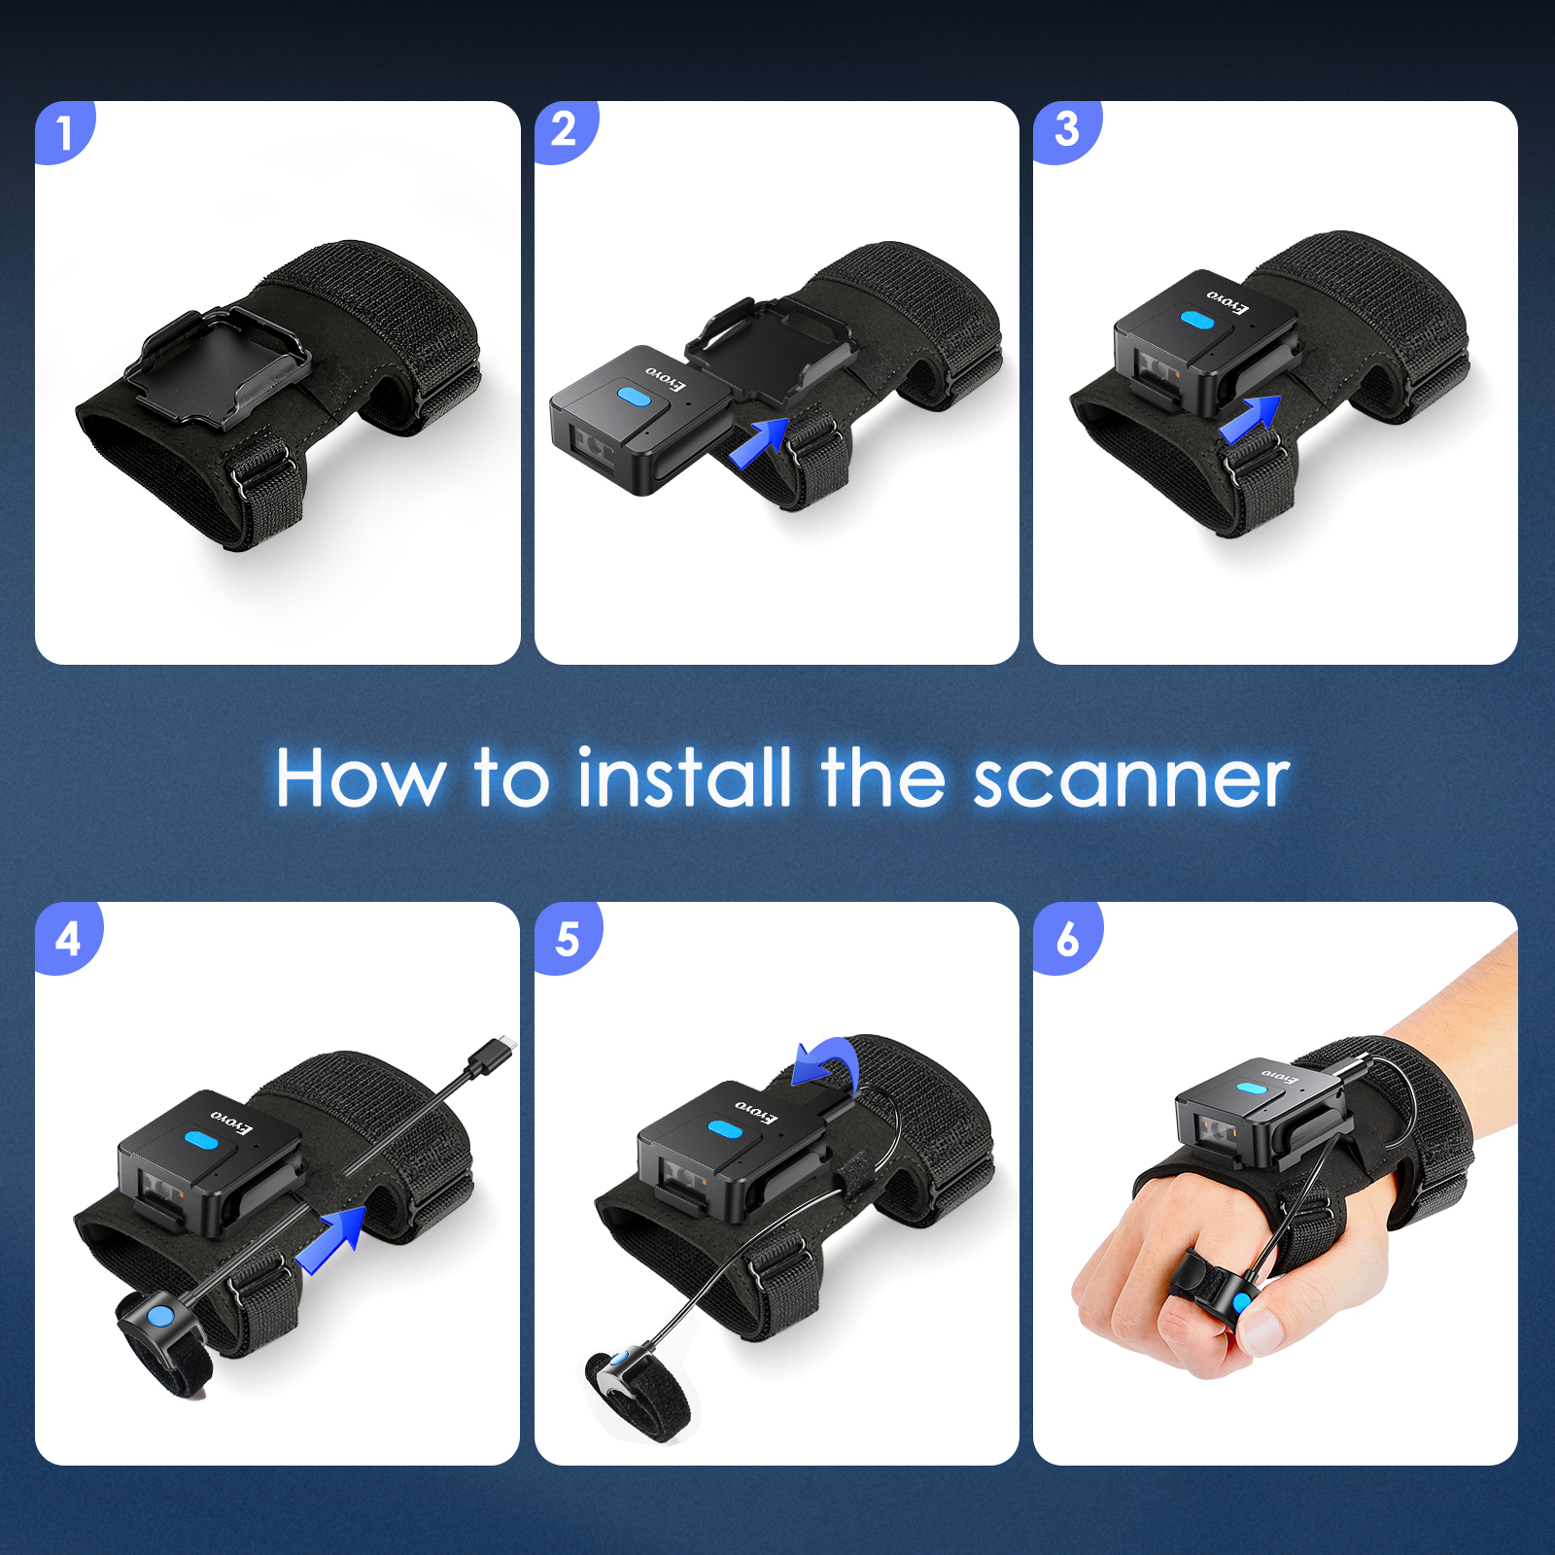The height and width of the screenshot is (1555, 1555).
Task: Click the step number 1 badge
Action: pyautogui.click(x=64, y=132)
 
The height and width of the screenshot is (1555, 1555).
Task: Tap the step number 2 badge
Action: pyautogui.click(x=565, y=130)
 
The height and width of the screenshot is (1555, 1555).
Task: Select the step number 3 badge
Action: pyautogui.click(x=1066, y=130)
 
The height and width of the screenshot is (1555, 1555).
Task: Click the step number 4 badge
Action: pyautogui.click(x=67, y=938)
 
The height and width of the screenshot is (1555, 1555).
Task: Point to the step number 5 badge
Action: pyautogui.click(x=567, y=939)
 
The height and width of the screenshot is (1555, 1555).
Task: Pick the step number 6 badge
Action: pyautogui.click(x=1067, y=939)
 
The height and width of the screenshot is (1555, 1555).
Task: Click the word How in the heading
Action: pyautogui.click(x=361, y=778)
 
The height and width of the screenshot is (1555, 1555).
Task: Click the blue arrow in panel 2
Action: pyautogui.click(x=758, y=443)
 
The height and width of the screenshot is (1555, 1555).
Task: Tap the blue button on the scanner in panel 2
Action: pyautogui.click(x=634, y=397)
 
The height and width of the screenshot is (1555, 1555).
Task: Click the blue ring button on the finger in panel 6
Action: pyautogui.click(x=1241, y=1302)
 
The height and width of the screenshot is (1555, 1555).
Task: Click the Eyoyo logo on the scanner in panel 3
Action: pyautogui.click(x=1228, y=301)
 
